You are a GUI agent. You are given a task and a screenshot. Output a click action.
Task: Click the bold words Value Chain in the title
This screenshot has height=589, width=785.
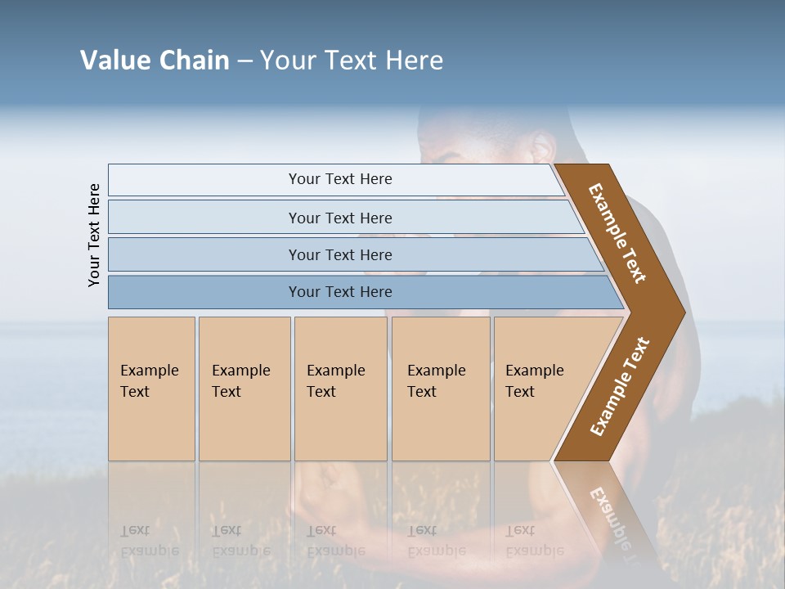coord(155,61)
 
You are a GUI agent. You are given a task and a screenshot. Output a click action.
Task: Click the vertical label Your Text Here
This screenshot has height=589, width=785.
coord(94,235)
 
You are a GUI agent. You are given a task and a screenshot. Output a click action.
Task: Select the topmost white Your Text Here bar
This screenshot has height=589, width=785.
coord(339,179)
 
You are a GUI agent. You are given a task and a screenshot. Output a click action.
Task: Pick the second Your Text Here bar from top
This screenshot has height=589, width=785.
coord(339,218)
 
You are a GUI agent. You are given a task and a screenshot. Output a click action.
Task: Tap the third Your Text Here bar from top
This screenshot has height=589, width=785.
coord(339,254)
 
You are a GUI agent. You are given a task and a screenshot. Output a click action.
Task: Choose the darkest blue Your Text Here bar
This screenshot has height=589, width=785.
coord(339,292)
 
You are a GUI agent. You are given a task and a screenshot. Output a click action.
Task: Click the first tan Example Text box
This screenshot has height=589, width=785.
coord(151,389)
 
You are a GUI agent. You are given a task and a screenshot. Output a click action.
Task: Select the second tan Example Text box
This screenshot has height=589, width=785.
coord(244,389)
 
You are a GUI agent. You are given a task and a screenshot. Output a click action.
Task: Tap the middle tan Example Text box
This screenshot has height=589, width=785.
coord(340,389)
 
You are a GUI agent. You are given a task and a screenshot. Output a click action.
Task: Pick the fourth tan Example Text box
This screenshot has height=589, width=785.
coord(440,389)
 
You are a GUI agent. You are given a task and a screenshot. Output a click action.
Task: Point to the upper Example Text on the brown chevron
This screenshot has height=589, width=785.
coord(617,233)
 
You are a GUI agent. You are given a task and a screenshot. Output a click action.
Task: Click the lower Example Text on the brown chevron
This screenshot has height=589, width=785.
coord(620,386)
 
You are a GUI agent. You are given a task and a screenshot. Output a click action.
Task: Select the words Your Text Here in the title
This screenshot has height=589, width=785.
coord(352,61)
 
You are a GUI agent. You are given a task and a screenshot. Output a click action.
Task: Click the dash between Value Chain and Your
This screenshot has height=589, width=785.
coord(244,61)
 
